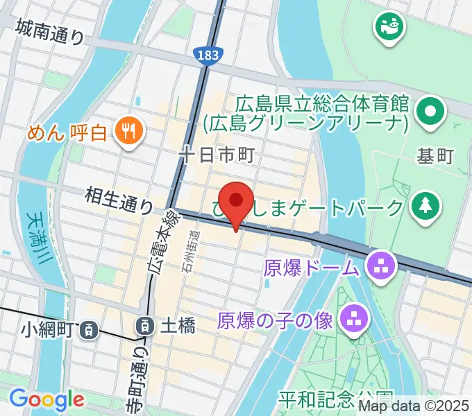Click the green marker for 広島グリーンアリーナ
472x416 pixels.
(x=430, y=110)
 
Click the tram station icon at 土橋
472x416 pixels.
(x=145, y=324)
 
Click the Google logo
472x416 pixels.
(x=47, y=399)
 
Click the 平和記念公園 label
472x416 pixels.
(x=336, y=399)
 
